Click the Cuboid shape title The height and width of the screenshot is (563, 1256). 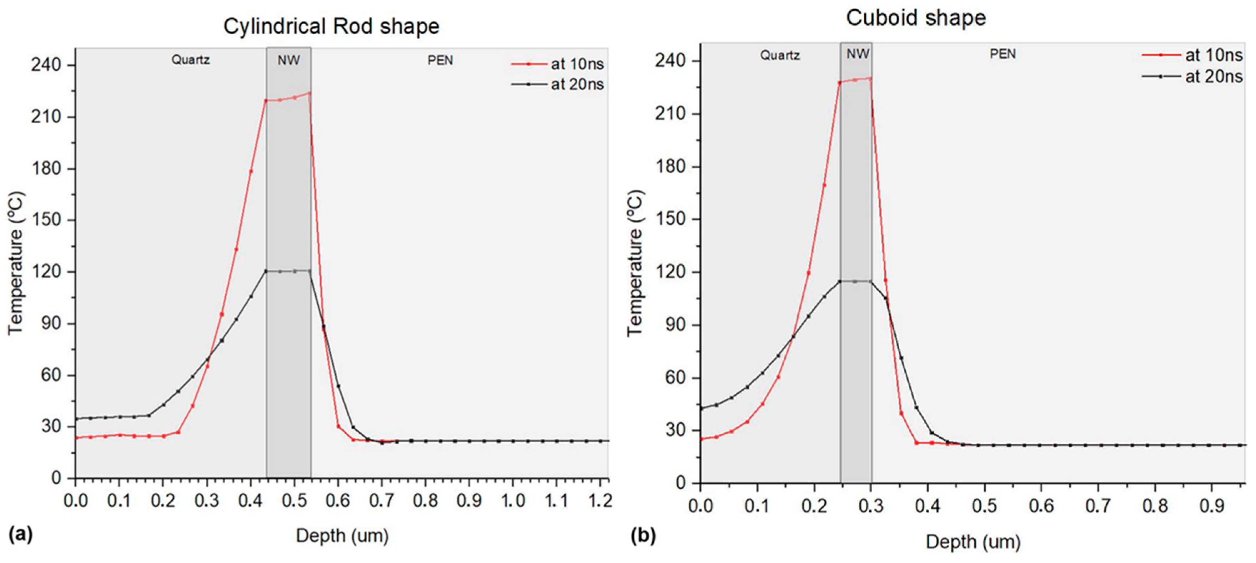click(x=916, y=18)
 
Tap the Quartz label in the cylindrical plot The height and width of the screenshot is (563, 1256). click(x=190, y=60)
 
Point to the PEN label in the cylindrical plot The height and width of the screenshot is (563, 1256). click(x=440, y=60)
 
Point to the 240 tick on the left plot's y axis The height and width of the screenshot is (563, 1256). click(x=46, y=65)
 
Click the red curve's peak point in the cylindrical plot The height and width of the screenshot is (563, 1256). click(x=309, y=93)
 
